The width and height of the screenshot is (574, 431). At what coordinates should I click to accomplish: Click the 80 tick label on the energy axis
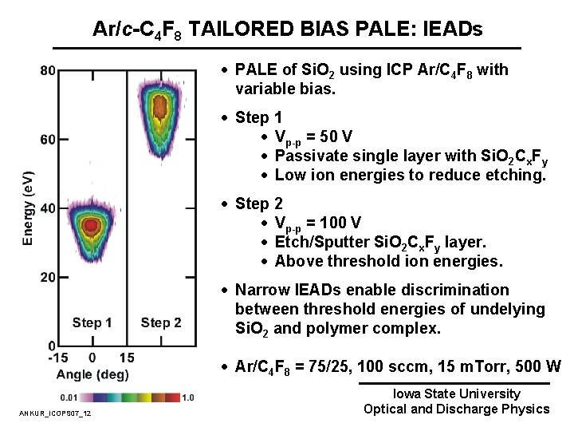pyautogui.click(x=47, y=70)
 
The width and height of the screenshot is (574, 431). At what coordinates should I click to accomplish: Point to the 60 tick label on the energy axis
pyautogui.click(x=47, y=140)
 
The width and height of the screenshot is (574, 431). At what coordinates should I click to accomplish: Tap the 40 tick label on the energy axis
pyautogui.click(x=47, y=208)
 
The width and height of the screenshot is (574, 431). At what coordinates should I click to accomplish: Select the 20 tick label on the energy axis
pyautogui.click(x=47, y=277)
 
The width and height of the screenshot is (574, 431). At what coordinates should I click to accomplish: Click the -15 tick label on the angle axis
pyautogui.click(x=58, y=358)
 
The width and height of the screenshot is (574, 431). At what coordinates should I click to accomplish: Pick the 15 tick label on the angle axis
pyautogui.click(x=126, y=358)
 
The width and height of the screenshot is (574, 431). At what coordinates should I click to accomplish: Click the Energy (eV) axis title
pyautogui.click(x=28, y=208)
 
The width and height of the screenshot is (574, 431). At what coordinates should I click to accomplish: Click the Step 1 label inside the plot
pyautogui.click(x=92, y=323)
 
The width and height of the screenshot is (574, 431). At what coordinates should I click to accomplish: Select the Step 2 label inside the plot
pyautogui.click(x=161, y=323)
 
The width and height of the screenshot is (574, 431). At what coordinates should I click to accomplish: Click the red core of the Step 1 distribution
pyautogui.click(x=91, y=226)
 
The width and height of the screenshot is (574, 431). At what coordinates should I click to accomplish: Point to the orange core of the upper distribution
pyautogui.click(x=159, y=104)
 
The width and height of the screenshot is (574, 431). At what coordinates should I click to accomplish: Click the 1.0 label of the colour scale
pyautogui.click(x=189, y=397)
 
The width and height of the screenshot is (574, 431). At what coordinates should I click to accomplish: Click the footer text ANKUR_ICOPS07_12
pyautogui.click(x=54, y=413)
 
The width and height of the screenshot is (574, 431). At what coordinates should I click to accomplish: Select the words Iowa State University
pyautogui.click(x=456, y=393)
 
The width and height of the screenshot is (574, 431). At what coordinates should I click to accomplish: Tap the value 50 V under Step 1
pyautogui.click(x=339, y=136)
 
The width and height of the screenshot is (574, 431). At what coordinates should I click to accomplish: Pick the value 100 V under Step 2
pyautogui.click(x=343, y=223)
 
